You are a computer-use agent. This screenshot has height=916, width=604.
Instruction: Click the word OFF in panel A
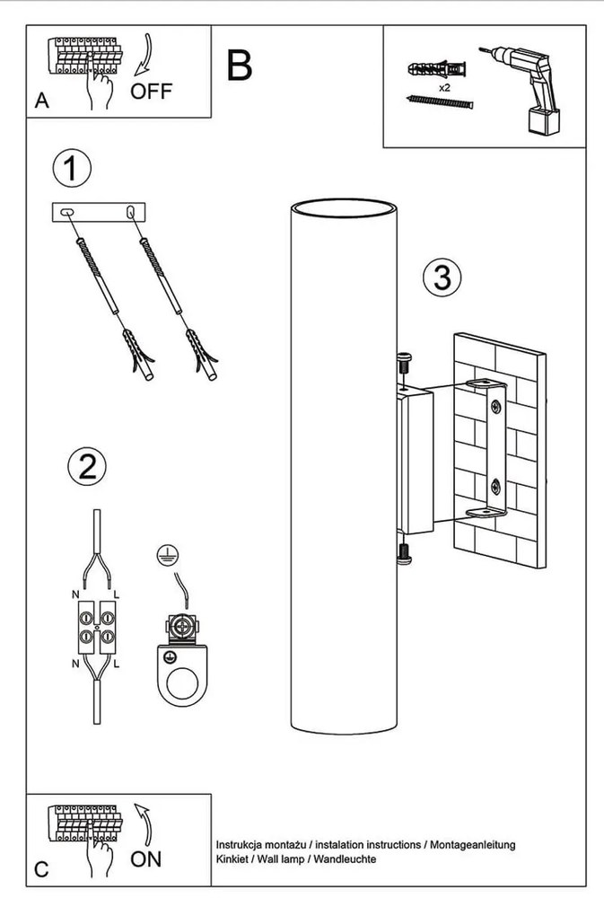[151, 91]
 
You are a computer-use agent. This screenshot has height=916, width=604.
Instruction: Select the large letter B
[240, 66]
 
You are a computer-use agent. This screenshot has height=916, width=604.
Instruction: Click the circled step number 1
[72, 168]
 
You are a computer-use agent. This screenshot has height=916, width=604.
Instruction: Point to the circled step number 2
[88, 467]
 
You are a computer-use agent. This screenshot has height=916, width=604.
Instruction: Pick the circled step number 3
[442, 277]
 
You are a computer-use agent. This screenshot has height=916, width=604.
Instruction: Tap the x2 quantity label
[444, 88]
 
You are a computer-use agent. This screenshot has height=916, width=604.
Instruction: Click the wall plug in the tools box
[438, 69]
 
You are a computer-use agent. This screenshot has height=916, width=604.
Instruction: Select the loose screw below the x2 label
[440, 102]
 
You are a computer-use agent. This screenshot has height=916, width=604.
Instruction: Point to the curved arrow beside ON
[144, 824]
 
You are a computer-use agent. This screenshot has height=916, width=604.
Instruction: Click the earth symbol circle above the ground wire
[168, 555]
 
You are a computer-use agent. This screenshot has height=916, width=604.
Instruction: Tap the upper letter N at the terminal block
[75, 595]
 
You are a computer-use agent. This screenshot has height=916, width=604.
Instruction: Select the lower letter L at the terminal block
[117, 664]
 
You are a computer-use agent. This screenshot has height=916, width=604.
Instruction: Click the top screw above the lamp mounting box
[403, 363]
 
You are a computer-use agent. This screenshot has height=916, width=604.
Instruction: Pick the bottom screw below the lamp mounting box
[403, 553]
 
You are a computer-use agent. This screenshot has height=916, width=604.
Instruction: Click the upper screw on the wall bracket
[496, 407]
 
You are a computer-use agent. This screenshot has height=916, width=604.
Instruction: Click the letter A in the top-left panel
[41, 101]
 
